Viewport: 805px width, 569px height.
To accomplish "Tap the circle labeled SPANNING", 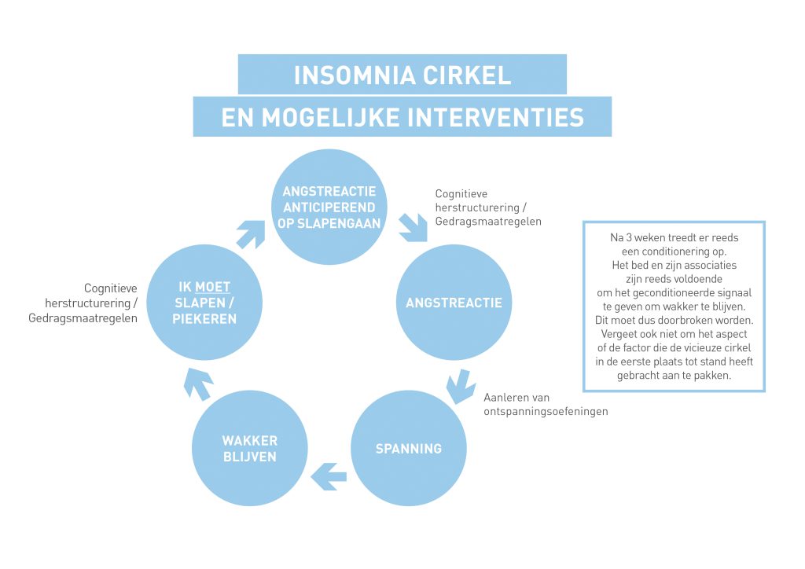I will [x=408, y=449].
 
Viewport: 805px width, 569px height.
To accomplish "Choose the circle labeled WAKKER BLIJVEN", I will [x=249, y=449].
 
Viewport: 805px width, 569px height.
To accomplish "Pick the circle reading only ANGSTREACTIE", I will [x=454, y=303].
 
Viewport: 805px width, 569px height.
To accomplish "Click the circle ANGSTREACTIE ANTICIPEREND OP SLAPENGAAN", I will [x=329, y=207].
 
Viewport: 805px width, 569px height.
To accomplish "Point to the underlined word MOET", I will [x=213, y=288].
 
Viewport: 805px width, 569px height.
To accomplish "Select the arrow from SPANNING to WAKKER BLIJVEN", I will [x=329, y=473].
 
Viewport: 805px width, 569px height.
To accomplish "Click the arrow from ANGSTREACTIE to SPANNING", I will [x=458, y=386].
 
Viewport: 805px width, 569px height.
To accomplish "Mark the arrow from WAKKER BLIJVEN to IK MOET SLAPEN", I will [x=197, y=383].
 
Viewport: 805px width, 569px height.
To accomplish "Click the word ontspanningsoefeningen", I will [x=546, y=411].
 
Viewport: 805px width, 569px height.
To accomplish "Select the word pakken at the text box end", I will [x=713, y=376].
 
